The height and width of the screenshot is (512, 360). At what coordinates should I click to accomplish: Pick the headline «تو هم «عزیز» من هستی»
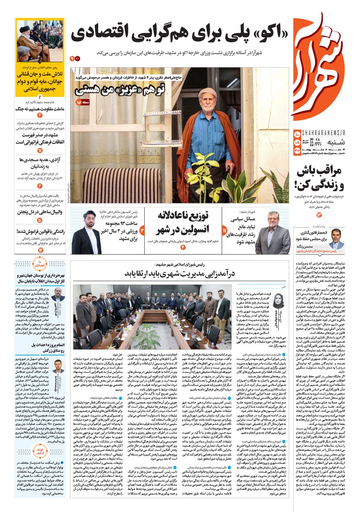tap(119, 89)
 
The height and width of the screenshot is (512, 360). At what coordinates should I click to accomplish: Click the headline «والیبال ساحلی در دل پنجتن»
tap(40, 212)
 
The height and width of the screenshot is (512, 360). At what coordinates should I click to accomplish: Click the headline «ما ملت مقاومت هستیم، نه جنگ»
tap(40, 109)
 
